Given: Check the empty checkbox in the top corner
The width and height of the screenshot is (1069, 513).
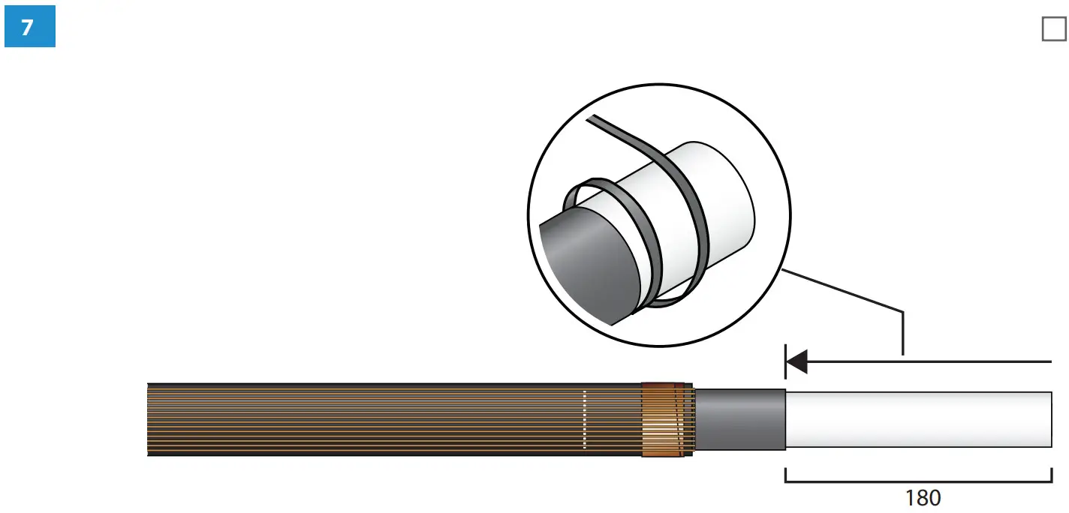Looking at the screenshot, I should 1053,29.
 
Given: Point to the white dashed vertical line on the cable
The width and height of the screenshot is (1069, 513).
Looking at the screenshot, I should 585,420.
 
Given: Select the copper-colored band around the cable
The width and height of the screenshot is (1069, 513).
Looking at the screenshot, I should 664,420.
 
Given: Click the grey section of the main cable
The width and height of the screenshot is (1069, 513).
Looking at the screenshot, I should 740,419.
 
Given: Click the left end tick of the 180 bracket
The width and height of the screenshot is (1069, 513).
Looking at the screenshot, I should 785,475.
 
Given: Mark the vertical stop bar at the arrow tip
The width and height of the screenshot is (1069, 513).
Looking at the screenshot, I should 785,362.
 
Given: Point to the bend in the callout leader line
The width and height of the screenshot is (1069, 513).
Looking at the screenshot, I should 902,311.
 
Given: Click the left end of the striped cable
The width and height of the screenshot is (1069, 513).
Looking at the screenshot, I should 149,420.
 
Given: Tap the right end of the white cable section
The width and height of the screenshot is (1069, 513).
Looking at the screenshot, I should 1049,419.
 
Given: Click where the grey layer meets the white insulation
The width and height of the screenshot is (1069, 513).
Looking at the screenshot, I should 785,419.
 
